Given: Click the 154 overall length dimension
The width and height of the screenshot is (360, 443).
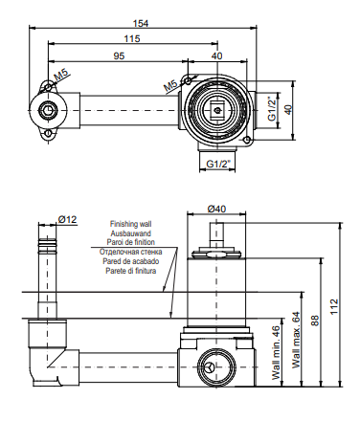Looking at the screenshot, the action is (x=141, y=23).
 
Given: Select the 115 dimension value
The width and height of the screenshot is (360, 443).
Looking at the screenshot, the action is (x=132, y=38).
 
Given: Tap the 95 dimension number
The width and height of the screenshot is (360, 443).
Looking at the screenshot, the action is (x=119, y=55).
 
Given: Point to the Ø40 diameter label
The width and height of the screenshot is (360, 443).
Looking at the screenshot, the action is (x=216, y=209).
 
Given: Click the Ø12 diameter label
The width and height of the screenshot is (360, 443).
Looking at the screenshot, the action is (x=67, y=219).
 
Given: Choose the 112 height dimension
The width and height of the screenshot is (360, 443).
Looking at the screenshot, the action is (x=334, y=306).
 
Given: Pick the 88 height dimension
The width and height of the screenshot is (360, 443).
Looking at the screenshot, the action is (x=315, y=321).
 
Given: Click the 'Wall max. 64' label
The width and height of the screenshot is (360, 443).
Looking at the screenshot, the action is (x=297, y=340).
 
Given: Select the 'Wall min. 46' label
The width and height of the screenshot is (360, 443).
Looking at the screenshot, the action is (x=277, y=353).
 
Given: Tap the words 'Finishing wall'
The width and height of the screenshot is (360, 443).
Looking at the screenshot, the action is (x=130, y=224).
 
